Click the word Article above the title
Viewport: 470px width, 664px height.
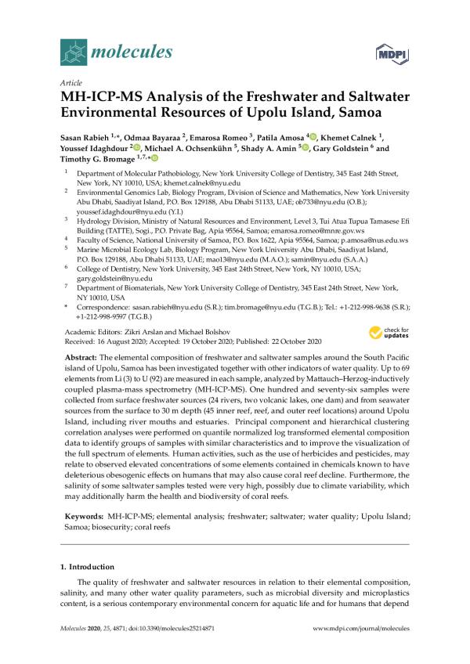pyautogui.click(x=70, y=82)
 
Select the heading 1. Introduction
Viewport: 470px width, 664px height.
pyautogui.click(x=93, y=566)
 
